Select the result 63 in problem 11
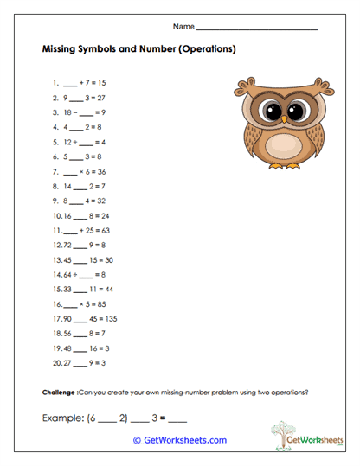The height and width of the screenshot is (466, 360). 102,231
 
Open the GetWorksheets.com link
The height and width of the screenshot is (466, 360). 179,440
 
